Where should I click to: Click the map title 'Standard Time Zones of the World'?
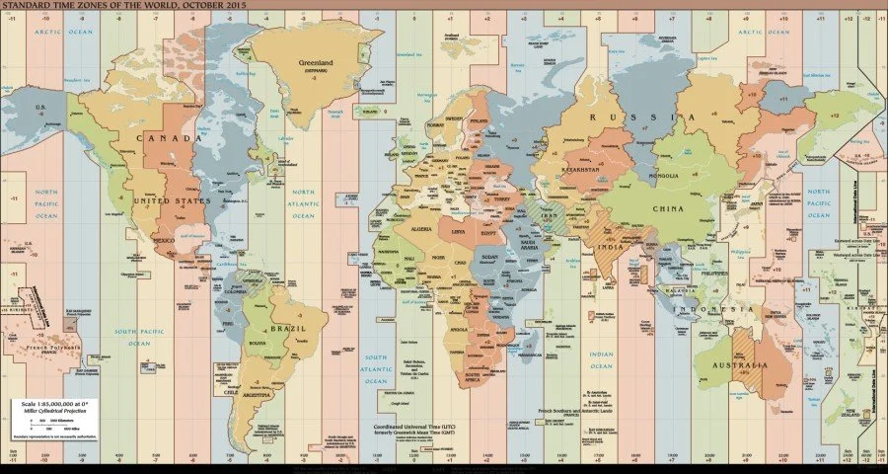123,6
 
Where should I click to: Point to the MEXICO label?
165,240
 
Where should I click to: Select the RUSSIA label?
630,118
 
